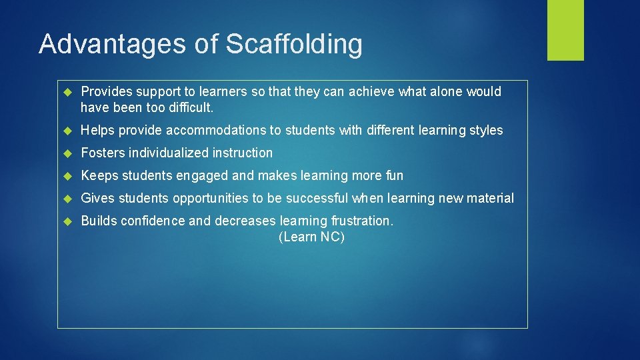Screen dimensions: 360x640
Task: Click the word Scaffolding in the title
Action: click(x=294, y=44)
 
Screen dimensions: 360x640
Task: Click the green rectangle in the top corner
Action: click(x=565, y=30)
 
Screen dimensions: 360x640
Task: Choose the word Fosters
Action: click(x=103, y=153)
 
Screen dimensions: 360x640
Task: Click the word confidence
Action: click(x=152, y=221)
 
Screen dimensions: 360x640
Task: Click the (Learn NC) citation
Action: click(x=311, y=237)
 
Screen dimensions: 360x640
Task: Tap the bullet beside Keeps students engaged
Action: click(x=67, y=176)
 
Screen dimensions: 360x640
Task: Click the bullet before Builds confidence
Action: click(x=67, y=221)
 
